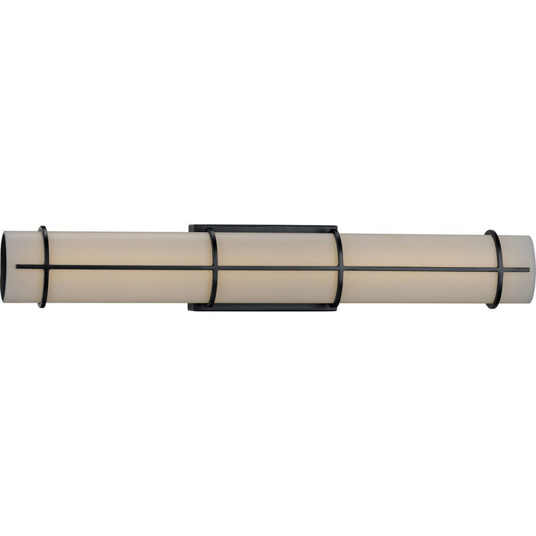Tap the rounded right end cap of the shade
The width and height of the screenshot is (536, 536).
[x=531, y=268]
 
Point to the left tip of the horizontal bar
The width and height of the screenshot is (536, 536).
[x=18, y=266]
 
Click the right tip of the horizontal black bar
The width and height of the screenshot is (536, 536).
[x=528, y=270]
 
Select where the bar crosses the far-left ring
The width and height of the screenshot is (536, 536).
[x=47, y=267]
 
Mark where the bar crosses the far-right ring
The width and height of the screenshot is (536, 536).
[x=501, y=270]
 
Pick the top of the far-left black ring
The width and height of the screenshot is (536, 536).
[x=42, y=228]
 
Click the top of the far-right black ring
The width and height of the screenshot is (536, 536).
[x=491, y=232]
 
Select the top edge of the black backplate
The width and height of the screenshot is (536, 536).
[x=264, y=227]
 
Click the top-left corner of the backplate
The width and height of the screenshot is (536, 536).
[x=191, y=227]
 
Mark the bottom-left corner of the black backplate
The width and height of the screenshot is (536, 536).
[x=191, y=309]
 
